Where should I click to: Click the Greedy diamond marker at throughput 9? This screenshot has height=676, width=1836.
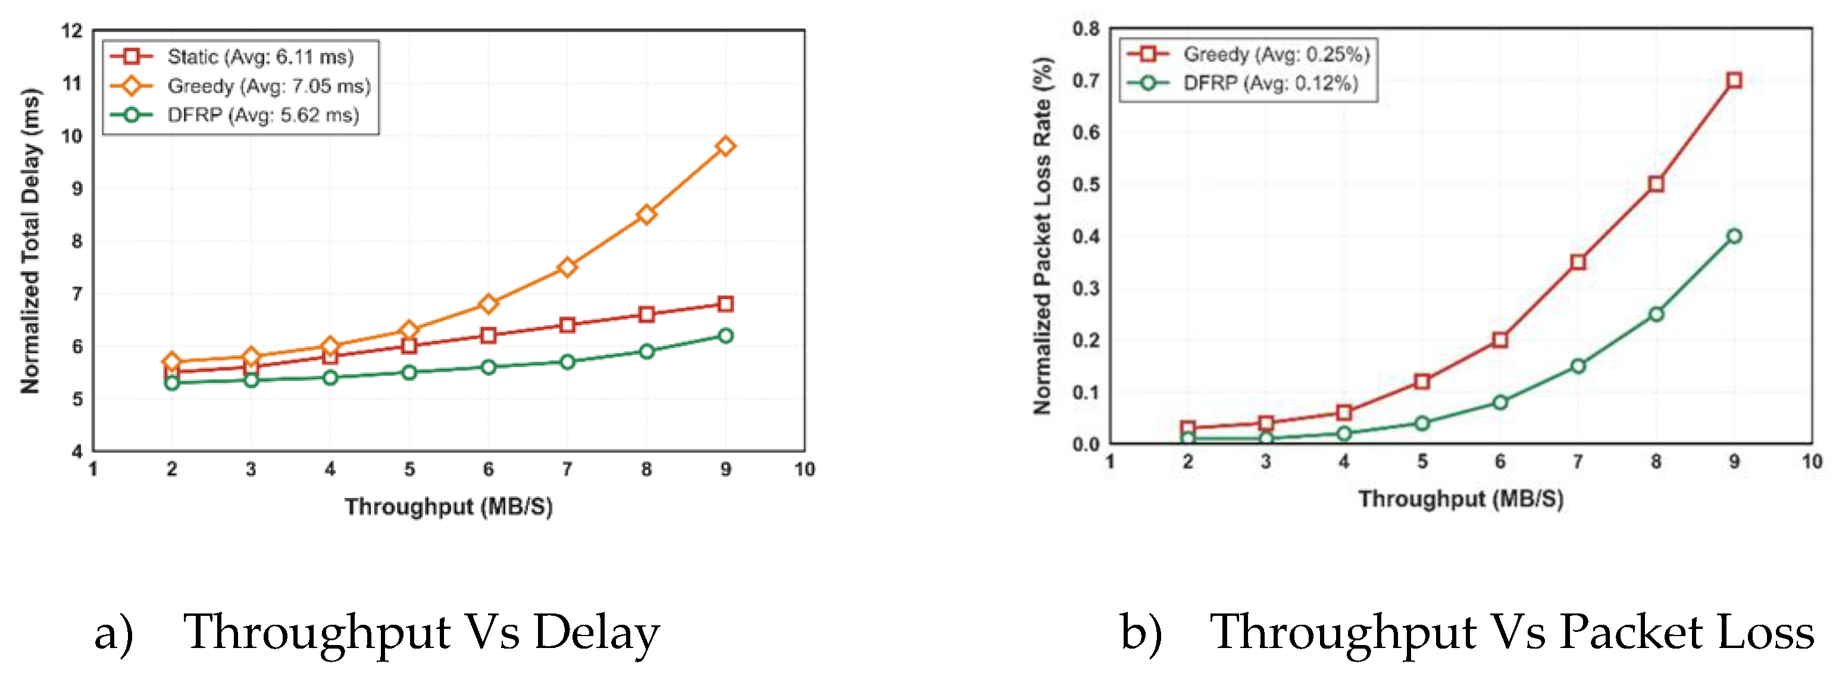tap(725, 146)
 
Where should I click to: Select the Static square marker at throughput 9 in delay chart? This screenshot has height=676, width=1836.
tap(725, 304)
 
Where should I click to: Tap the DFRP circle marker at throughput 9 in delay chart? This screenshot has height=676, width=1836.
tap(725, 336)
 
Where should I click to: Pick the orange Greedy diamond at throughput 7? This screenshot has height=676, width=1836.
tap(567, 267)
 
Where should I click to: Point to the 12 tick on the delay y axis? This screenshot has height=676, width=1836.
tap(72, 30)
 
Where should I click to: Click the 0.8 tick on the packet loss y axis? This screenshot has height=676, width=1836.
tap(1086, 29)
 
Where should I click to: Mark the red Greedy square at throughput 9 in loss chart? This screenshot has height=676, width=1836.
tap(1735, 80)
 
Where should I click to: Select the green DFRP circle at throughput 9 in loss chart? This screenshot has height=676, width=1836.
tap(1735, 236)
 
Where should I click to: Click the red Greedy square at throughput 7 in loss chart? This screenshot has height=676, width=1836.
tap(1578, 263)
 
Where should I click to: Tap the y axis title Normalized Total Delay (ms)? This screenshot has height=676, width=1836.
tap(30, 241)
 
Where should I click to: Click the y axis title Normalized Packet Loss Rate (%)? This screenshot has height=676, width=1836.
tap(1042, 236)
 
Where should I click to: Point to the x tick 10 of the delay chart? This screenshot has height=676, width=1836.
tap(805, 469)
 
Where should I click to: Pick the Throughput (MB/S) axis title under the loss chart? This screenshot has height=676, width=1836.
tap(1461, 499)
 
